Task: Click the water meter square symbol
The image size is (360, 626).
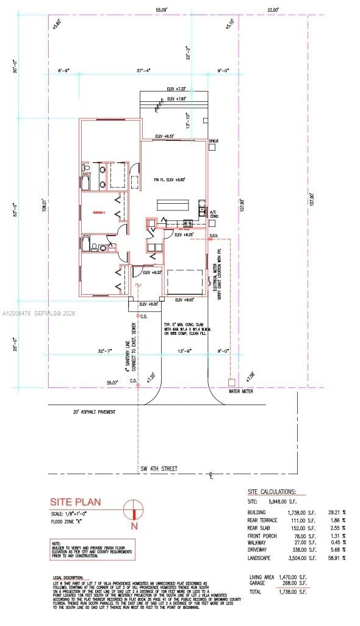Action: pyautogui.click(x=231, y=382)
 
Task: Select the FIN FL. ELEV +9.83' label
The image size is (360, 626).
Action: pyautogui.click(x=170, y=179)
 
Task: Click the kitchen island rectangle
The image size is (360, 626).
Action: pyautogui.click(x=173, y=205)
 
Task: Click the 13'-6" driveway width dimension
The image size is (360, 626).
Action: pyautogui.click(x=185, y=351)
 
